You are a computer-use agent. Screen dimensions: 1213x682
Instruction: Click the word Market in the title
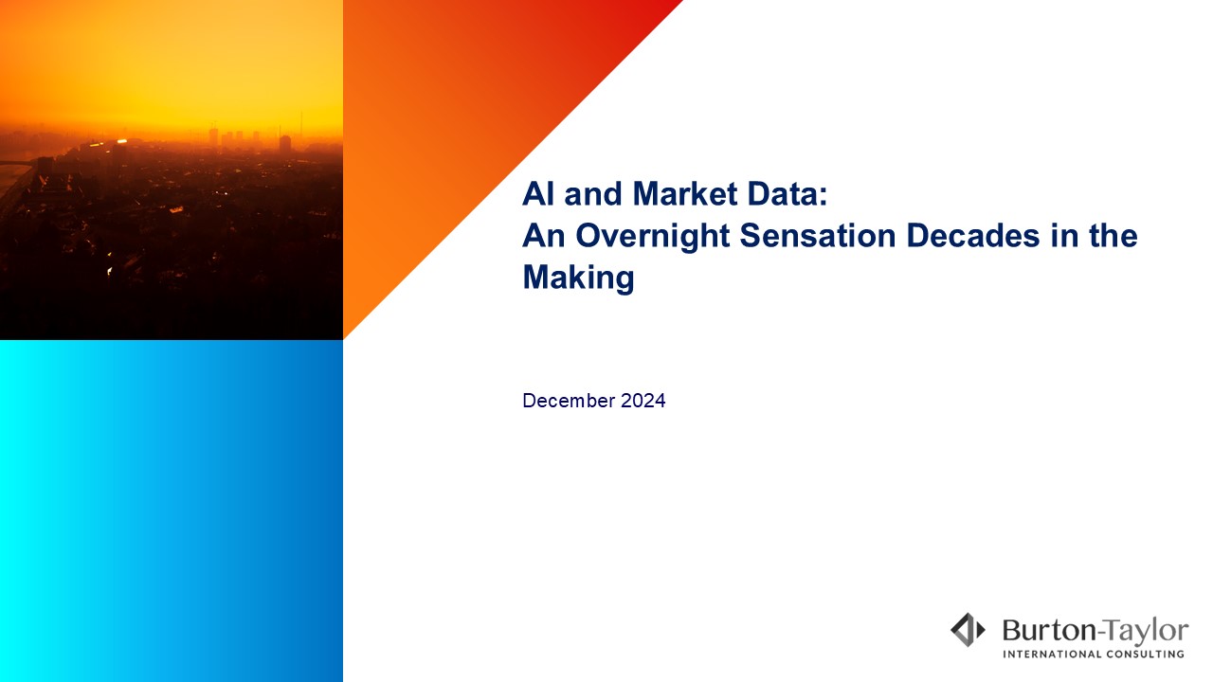coord(685,194)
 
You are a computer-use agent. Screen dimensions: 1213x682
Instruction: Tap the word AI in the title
coord(539,194)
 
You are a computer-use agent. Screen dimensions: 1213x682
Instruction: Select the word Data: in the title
coord(788,194)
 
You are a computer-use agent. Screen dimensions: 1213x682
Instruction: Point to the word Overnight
coord(653,237)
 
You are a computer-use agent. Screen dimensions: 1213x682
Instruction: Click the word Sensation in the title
coord(818,236)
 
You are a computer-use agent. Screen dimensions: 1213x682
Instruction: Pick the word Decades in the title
coord(973,236)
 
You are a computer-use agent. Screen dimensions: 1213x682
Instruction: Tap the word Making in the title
coord(578,278)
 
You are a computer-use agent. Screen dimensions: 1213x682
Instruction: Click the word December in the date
coord(569,401)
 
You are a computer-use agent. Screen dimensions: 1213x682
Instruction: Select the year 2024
coord(643,401)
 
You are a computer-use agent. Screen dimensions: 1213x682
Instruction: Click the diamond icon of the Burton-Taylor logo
coord(968,630)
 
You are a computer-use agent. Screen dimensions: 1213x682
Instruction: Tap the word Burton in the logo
coord(1049,631)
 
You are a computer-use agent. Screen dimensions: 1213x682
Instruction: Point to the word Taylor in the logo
coord(1146,632)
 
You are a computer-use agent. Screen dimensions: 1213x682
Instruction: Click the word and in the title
coord(593,194)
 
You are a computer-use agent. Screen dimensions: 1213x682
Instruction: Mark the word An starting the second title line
coord(544,236)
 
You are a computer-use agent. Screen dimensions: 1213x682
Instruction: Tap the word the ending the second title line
coord(1113,236)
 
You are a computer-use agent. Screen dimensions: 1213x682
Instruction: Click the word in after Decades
coord(1064,236)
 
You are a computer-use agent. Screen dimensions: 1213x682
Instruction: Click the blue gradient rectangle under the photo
coord(172,511)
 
